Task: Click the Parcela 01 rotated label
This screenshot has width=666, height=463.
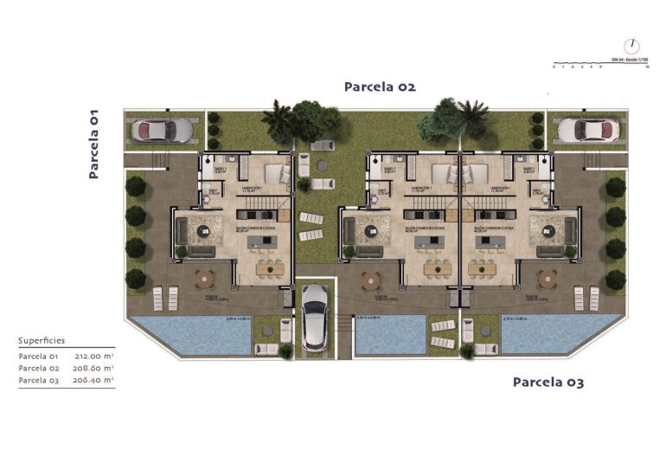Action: tap(94, 144)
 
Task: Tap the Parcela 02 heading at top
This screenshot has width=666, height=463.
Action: tap(380, 87)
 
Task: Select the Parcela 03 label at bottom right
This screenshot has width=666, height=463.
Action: tap(548, 382)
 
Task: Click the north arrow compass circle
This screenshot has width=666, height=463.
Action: tap(633, 45)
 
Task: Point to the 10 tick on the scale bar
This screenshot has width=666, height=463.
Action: tap(647, 67)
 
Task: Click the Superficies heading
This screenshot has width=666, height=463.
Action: tap(42, 340)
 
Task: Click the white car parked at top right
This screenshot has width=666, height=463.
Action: tap(584, 130)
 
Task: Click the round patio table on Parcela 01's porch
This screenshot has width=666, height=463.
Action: tap(205, 279)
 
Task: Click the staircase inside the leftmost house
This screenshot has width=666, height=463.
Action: tap(268, 211)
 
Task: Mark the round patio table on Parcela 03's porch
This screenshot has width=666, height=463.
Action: tap(546, 279)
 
